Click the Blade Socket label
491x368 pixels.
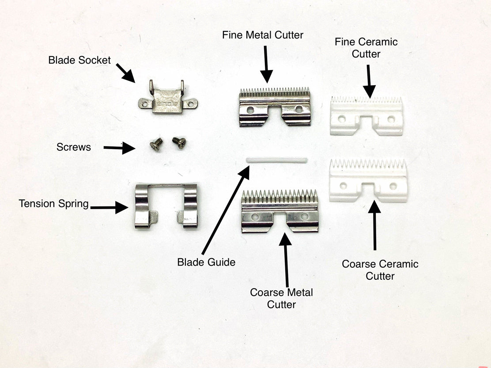point(79,60)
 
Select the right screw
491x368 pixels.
point(179,142)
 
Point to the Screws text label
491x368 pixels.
point(74,147)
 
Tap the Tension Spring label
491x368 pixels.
point(53,203)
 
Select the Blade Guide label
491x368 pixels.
point(206,262)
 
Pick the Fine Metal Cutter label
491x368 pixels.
point(263,35)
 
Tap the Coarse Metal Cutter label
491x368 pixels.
point(281,298)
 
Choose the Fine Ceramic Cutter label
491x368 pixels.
point(366,48)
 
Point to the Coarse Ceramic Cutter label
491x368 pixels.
point(380,270)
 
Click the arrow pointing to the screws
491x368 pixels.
point(119,148)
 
